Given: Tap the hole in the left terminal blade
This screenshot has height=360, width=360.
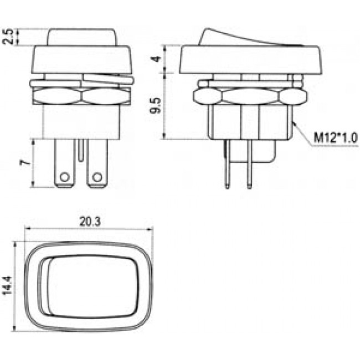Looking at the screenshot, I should point(65,177).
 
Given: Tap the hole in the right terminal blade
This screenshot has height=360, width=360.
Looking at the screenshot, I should point(98,177).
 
